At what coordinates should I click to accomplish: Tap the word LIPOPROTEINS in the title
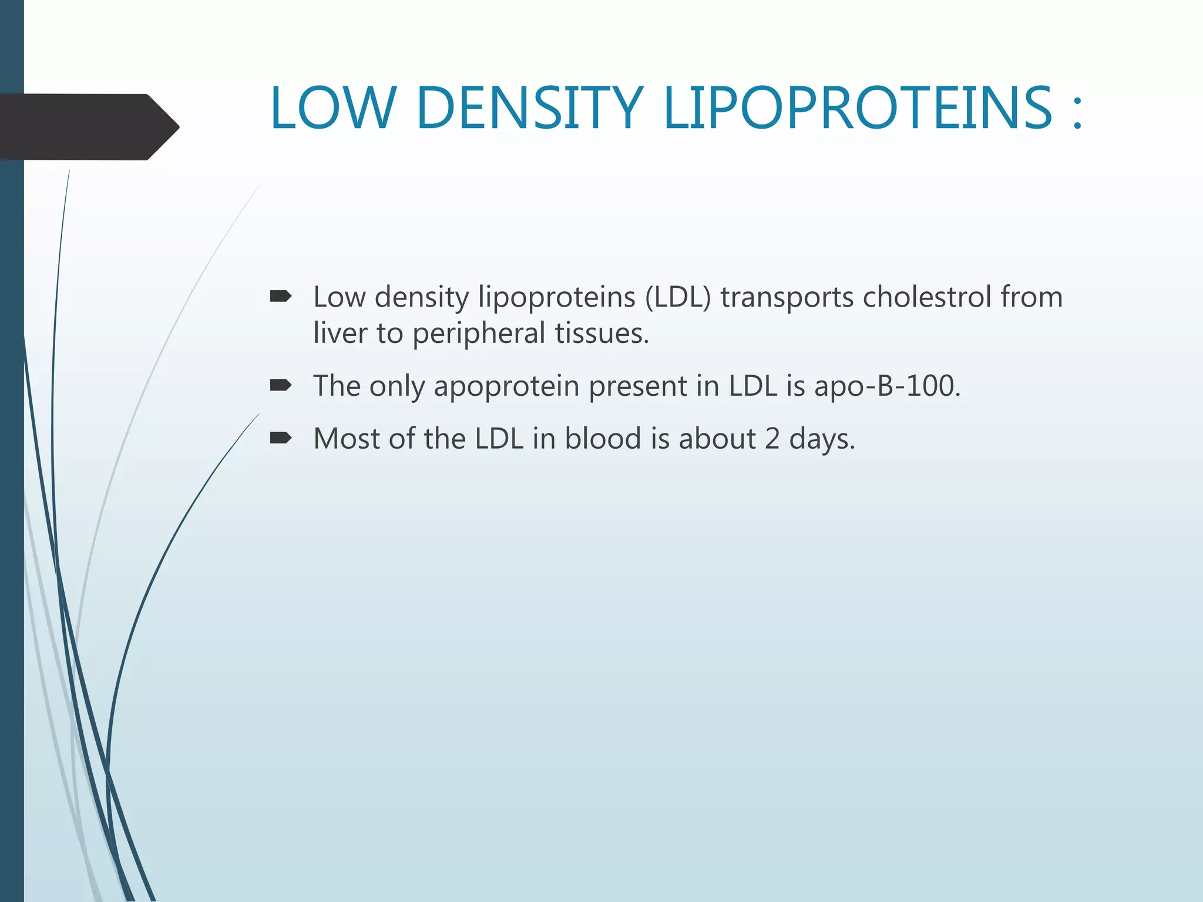pyautogui.click(x=857, y=108)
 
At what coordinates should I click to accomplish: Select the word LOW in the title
pyautogui.click(x=332, y=108)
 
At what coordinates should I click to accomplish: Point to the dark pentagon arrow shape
pyautogui.click(x=88, y=127)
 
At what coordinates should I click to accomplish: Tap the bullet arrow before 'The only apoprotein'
pyautogui.click(x=281, y=385)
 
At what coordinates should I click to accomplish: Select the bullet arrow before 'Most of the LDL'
pyautogui.click(x=281, y=437)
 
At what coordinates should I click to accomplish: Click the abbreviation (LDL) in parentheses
pyautogui.click(x=678, y=297)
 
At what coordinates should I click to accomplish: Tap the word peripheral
pyautogui.click(x=479, y=334)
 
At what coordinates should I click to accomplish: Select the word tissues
pyautogui.click(x=601, y=332)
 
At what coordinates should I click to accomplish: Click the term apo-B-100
pyautogui.click(x=887, y=386)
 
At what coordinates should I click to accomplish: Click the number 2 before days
pyautogui.click(x=772, y=439)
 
